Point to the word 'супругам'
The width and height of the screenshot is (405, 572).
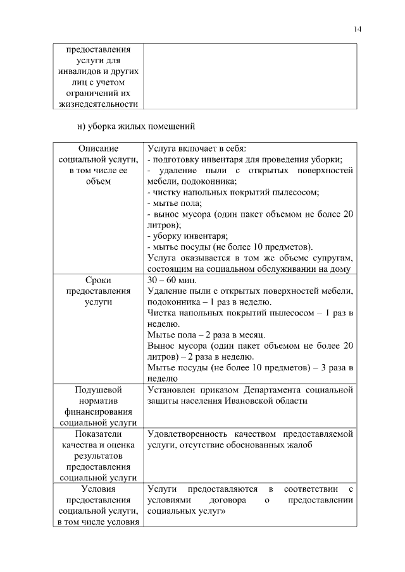coord(333,258)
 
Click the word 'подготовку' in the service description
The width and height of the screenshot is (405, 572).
coord(173,159)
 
